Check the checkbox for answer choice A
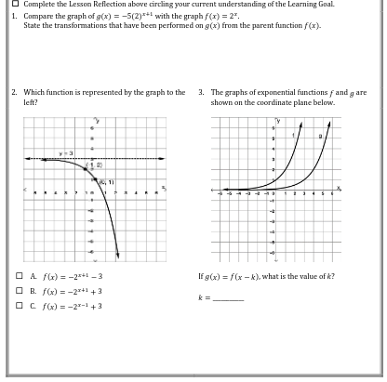pos(19,276)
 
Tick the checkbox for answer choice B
pos(19,290)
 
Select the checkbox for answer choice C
pos(19,304)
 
